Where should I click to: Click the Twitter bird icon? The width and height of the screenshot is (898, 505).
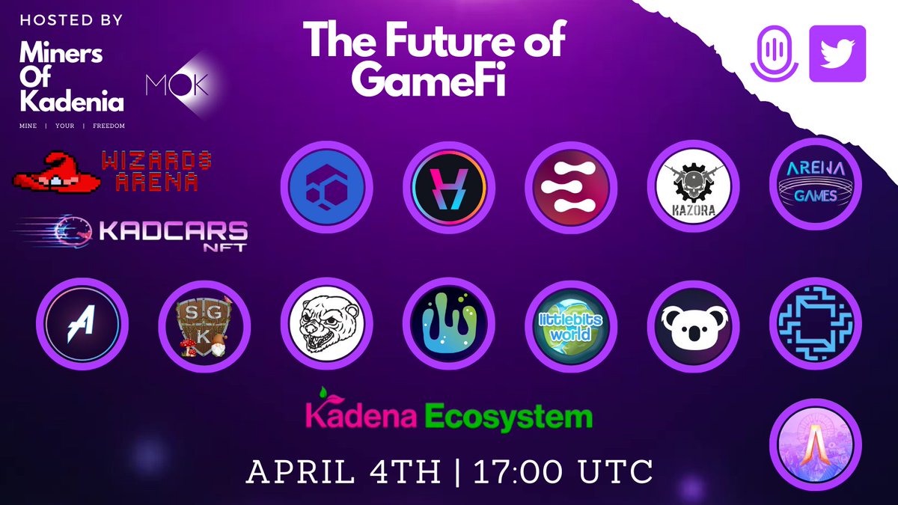837,53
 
